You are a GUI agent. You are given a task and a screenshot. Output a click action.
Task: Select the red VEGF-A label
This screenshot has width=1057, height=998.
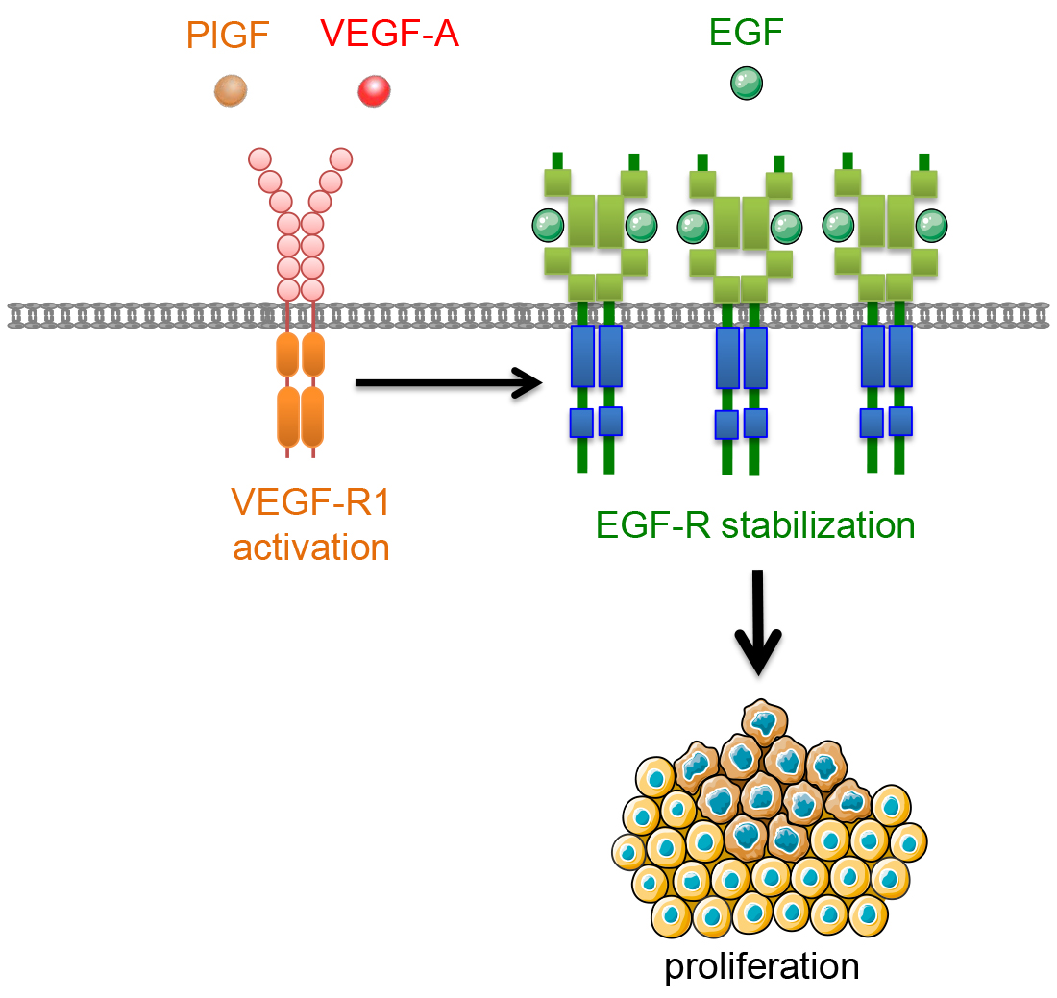[x=388, y=37]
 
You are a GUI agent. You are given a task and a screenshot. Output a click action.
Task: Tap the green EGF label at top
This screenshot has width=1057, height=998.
[x=746, y=35]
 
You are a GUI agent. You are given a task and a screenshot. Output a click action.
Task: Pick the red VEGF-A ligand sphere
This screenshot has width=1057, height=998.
[x=374, y=91]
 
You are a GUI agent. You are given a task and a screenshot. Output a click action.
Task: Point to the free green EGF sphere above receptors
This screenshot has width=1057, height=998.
[x=746, y=85]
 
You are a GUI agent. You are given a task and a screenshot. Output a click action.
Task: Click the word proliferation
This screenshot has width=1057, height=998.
[x=761, y=966]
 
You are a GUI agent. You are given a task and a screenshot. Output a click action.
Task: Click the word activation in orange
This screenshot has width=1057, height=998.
[x=311, y=548]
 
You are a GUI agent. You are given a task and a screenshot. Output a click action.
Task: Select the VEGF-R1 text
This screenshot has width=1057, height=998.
[x=311, y=501]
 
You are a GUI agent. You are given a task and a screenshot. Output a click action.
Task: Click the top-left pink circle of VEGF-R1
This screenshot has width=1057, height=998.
[x=259, y=158]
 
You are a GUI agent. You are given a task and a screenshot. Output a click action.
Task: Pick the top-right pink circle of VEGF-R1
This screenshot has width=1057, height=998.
[x=339, y=158]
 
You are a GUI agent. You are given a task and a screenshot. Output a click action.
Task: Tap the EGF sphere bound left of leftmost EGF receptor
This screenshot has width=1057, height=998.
[x=548, y=226]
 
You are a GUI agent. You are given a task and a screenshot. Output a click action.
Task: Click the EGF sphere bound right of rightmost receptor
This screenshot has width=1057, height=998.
[x=931, y=226]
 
